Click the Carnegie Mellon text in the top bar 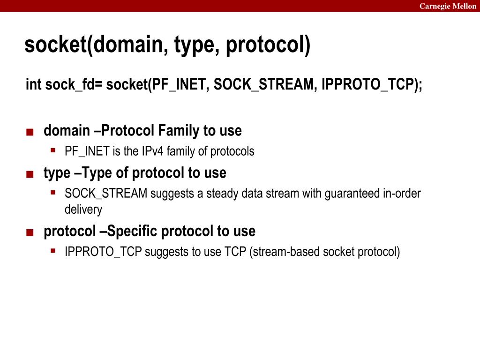coord(448,6)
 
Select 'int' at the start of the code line coord(33,84)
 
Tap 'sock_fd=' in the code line coord(74,84)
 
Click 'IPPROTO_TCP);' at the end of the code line coord(372,84)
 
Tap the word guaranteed coord(352,194)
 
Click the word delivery coord(83,209)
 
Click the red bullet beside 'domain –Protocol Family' coord(30,132)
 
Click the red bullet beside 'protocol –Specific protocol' coord(30,232)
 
